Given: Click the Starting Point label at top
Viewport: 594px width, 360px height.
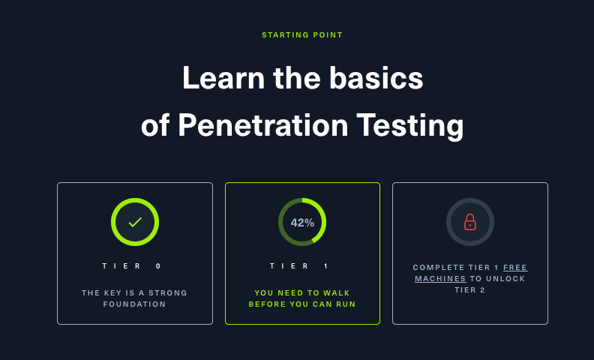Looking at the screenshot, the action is (x=302, y=34).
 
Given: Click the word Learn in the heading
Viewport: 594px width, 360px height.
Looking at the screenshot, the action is (x=223, y=78).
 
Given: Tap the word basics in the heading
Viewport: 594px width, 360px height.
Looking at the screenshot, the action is (x=376, y=78).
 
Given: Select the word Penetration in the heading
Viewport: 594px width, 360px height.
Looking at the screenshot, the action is (x=263, y=125).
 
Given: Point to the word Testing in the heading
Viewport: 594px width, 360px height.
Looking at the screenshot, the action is (x=410, y=126).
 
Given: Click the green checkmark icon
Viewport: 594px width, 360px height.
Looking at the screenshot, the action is (x=135, y=222).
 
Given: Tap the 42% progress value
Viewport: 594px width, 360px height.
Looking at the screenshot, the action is (x=302, y=223).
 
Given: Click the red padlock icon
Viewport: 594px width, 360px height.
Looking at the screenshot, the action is (x=470, y=222).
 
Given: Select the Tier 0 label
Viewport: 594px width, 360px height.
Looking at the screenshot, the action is (x=132, y=266).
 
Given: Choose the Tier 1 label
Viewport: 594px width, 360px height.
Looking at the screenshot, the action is (x=299, y=266).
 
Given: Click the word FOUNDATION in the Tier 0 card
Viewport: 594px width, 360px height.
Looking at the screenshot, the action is (x=134, y=304).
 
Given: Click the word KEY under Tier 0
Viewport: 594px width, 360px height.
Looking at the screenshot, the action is (x=114, y=293).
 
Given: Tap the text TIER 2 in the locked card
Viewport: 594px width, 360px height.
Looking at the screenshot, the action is (x=469, y=290).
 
